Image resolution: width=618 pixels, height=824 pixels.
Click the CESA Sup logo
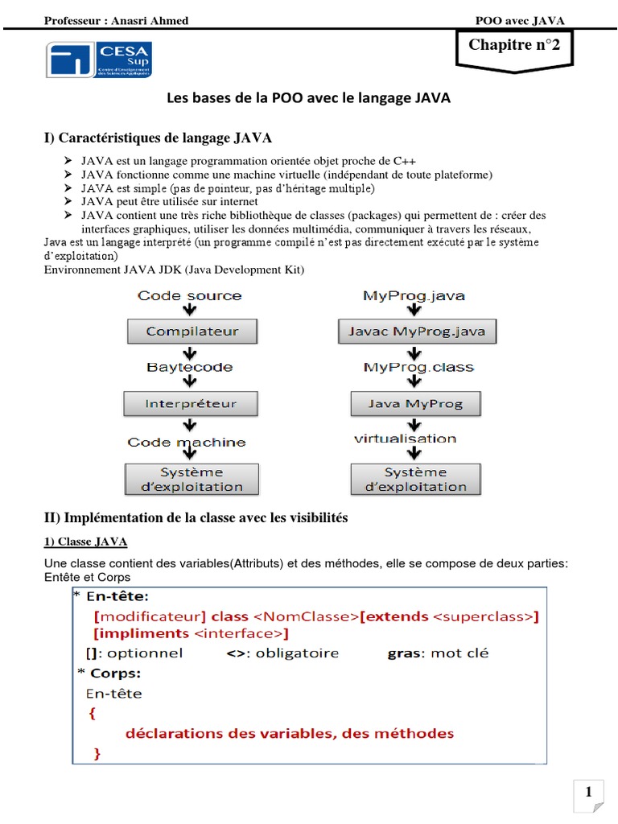point(98,60)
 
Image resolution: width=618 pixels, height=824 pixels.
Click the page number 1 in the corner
point(588,793)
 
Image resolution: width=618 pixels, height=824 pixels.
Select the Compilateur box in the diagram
point(192,332)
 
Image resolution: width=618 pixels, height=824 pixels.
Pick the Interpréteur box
point(192,402)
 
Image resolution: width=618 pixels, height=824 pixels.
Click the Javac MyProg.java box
point(418,332)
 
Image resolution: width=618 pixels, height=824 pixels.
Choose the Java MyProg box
point(417,402)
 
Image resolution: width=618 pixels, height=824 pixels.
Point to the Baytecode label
point(190,367)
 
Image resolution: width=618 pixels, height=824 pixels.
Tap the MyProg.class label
point(418,367)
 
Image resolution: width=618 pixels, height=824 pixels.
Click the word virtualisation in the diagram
point(405,439)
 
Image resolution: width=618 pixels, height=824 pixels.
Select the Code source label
point(190,295)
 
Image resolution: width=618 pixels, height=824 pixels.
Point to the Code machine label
point(187,442)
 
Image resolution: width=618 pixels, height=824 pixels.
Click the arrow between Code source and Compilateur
point(191,311)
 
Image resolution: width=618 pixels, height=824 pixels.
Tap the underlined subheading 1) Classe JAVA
point(85,542)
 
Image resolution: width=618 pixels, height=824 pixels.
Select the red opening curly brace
point(92,712)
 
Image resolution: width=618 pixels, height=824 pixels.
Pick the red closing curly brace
point(97,753)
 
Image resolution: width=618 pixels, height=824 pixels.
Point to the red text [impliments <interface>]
point(192,634)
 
